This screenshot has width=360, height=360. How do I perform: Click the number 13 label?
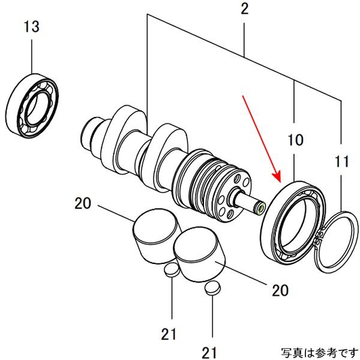[32, 27]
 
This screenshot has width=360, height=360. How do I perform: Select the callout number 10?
[295, 142]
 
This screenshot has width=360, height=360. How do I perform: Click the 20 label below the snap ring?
[280, 291]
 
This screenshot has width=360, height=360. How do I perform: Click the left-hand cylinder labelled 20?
[156, 235]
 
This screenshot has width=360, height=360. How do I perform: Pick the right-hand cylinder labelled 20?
[199, 254]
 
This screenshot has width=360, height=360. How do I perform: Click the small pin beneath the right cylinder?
[211, 289]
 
